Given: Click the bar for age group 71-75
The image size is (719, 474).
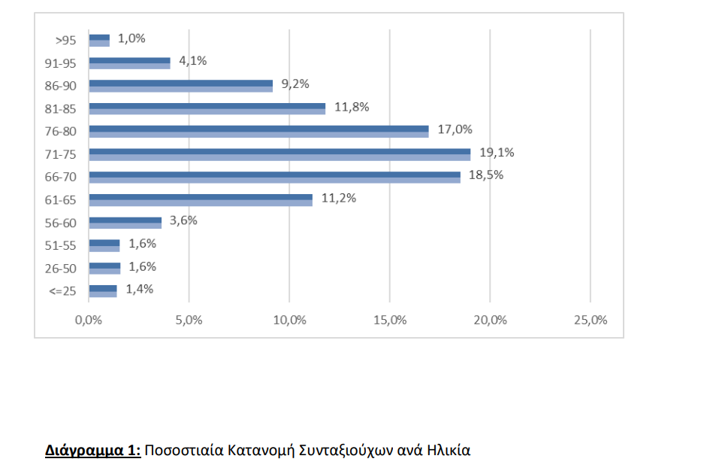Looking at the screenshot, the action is pyautogui.click(x=279, y=154).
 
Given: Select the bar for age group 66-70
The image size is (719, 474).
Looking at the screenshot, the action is pyautogui.click(x=275, y=178).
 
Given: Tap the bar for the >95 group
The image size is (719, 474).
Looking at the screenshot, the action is pyautogui.click(x=99, y=41).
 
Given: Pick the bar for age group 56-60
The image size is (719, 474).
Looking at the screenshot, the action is pyautogui.click(x=125, y=223).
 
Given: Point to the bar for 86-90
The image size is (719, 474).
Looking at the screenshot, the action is pyautogui.click(x=180, y=86).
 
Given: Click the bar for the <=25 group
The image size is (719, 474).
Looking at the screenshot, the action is pyautogui.click(x=103, y=291).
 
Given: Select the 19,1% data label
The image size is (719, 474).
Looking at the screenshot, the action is pyautogui.click(x=497, y=153).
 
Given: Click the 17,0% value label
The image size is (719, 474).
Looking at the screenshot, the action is pyautogui.click(x=455, y=129).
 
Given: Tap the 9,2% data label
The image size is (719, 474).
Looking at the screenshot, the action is pyautogui.click(x=295, y=84).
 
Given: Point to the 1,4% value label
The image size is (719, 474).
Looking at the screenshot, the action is pyautogui.click(x=140, y=290).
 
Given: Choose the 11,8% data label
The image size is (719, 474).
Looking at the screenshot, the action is pyautogui.click(x=352, y=107).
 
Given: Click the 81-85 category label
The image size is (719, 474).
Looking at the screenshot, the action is pyautogui.click(x=61, y=109).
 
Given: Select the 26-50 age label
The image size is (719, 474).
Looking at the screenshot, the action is pyautogui.click(x=61, y=269).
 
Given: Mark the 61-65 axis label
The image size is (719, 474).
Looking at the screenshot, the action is pyautogui.click(x=61, y=200).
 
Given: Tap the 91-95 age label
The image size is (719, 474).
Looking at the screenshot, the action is pyautogui.click(x=61, y=63).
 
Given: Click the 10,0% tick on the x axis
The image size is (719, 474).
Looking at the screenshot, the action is pyautogui.click(x=290, y=320).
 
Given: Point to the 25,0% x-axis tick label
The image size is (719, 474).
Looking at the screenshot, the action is pyautogui.click(x=591, y=320).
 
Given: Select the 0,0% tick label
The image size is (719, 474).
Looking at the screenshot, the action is pyautogui.click(x=89, y=320).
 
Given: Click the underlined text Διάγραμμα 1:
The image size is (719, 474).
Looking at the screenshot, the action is pyautogui.click(x=92, y=451).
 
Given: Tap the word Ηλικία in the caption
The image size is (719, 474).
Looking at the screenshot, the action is pyautogui.click(x=449, y=451).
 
